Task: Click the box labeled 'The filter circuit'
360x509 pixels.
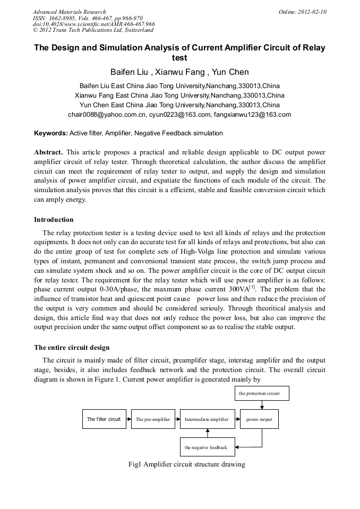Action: coord(104,419)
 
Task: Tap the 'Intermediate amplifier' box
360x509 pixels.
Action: coord(206,419)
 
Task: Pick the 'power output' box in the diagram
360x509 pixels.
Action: coord(259,419)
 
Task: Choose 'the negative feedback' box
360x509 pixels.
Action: coord(206,447)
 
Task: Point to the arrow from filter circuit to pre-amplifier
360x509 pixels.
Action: coord(128,419)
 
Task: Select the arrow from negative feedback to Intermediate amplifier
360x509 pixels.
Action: coord(207,433)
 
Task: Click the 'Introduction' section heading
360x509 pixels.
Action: coord(54,219)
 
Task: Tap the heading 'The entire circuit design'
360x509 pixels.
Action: coord(72,348)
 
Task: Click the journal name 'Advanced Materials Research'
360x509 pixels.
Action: coord(70,12)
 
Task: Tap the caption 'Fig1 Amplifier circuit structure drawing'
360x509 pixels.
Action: coord(186,464)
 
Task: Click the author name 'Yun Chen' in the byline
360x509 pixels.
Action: coord(232,72)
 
